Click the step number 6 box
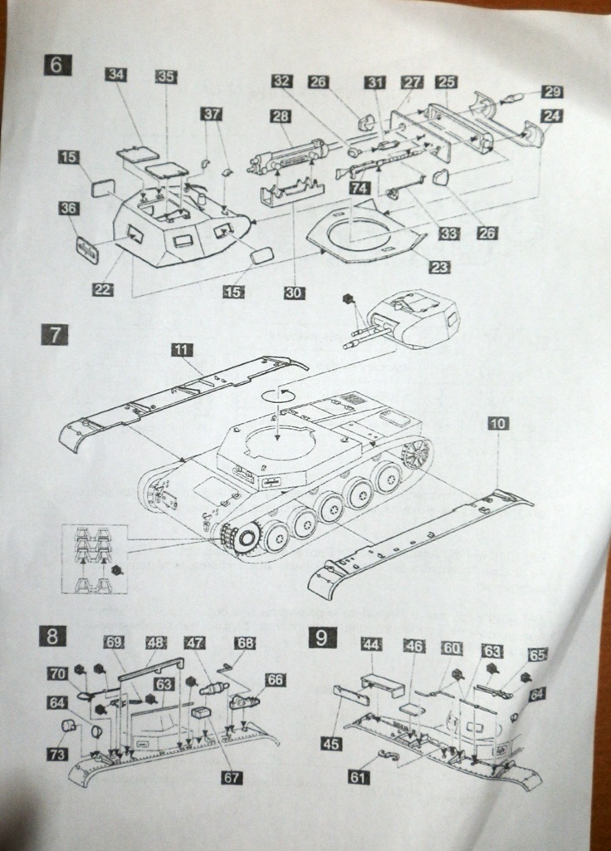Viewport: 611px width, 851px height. (56, 65)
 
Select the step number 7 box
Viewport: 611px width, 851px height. (55, 336)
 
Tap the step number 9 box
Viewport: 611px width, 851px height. (322, 637)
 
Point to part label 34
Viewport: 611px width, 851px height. (116, 75)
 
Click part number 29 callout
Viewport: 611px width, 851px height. (551, 92)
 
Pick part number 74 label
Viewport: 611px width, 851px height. (359, 189)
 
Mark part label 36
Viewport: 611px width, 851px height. (70, 209)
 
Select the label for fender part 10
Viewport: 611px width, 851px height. (498, 424)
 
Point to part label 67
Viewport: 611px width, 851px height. (231, 777)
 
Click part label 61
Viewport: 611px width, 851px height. (359, 777)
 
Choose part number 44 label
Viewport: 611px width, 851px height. (372, 645)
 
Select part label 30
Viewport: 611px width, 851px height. (294, 293)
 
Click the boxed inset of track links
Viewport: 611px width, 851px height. (94, 558)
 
